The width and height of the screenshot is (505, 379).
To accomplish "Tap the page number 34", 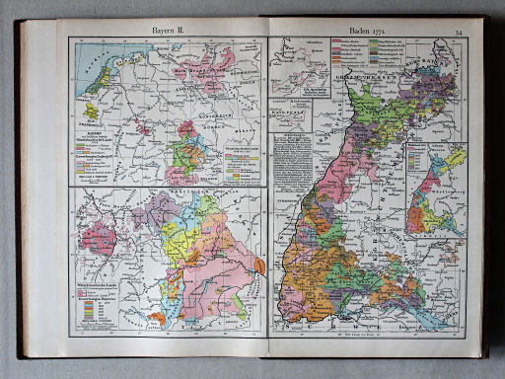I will [458, 33].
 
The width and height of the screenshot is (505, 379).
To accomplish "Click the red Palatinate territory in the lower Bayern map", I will [99, 237].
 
